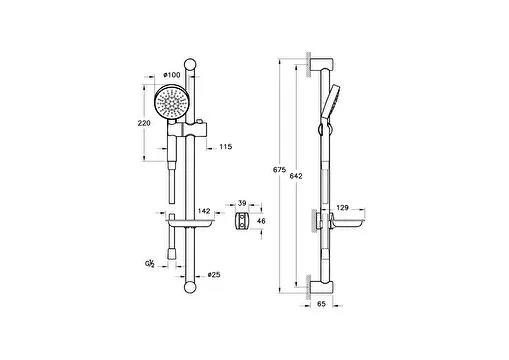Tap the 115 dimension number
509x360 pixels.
[x=225, y=147]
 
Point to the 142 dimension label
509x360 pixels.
[x=204, y=211]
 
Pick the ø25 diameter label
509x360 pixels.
[x=214, y=274]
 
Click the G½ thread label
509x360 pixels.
[x=149, y=263]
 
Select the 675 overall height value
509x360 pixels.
[x=279, y=171]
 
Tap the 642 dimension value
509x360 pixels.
[x=295, y=177]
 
